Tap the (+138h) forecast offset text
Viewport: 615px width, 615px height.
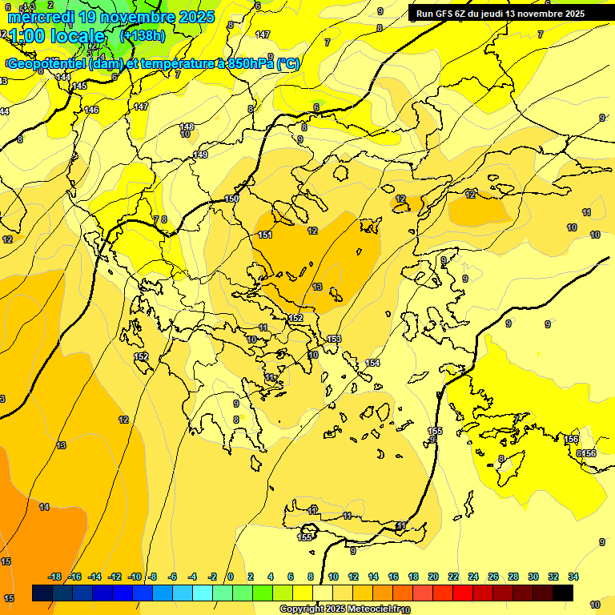143,36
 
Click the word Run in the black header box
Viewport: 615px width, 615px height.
426,14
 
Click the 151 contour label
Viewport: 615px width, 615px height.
265,235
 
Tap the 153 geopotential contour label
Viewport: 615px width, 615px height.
334,339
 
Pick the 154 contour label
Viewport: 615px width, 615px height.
372,364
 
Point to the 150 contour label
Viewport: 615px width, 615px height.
232,199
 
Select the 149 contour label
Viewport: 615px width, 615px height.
200,155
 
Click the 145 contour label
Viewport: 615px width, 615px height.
79,86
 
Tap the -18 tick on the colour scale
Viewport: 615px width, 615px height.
55,577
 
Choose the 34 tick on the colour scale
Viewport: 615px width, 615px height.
573,577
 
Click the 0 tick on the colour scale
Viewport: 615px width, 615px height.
231,577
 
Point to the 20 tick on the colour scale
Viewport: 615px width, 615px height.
433,577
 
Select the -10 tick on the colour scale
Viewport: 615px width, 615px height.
135,577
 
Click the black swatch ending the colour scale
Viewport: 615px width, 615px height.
563,593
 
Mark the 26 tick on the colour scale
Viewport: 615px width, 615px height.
493,577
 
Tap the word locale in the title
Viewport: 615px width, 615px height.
77,37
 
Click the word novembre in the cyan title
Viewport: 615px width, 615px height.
136,17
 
